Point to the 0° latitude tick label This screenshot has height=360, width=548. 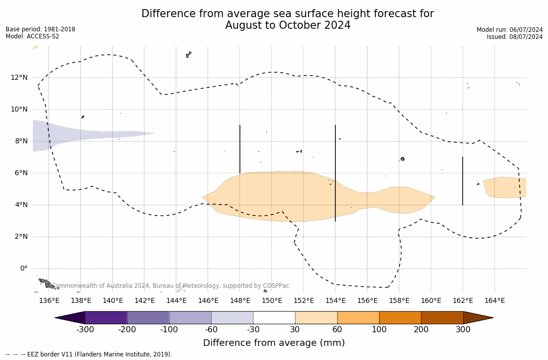23,269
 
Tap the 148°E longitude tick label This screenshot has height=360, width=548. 240,300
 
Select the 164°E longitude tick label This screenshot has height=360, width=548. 494,300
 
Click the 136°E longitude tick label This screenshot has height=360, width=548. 49,300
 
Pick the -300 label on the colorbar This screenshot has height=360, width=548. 85,330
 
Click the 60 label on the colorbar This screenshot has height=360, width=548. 337,330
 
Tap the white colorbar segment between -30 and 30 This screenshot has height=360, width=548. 274,318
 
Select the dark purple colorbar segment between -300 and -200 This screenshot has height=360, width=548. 106,318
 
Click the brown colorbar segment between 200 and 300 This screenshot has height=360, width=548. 442,318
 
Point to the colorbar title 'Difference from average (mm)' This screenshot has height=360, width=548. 274,343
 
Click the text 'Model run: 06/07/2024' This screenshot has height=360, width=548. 510,30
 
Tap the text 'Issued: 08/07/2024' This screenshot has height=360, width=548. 515,37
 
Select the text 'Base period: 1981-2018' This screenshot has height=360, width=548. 40,29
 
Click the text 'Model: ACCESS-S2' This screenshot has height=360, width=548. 32,36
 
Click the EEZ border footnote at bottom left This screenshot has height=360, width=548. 89,354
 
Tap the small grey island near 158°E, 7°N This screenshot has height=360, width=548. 403,159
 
